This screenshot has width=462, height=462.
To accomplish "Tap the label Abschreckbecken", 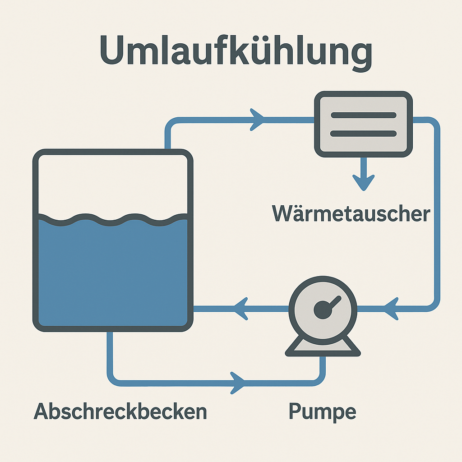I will tap(120, 411).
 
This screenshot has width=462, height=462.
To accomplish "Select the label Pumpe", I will tap(322, 411).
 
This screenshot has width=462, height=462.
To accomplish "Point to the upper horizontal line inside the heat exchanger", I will tap(364, 115).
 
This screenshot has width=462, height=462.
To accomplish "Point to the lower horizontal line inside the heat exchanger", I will tap(364, 134).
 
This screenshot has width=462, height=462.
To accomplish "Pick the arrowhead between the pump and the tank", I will tap(241, 309).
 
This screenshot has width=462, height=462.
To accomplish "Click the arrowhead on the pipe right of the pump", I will tap(392, 309).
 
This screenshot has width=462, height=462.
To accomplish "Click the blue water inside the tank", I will tap(113, 271).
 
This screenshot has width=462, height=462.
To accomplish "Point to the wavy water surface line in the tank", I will tap(113, 219).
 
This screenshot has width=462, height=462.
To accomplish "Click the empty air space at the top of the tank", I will tap(113, 185).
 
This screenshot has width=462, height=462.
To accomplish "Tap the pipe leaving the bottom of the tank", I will tap(110, 356).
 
